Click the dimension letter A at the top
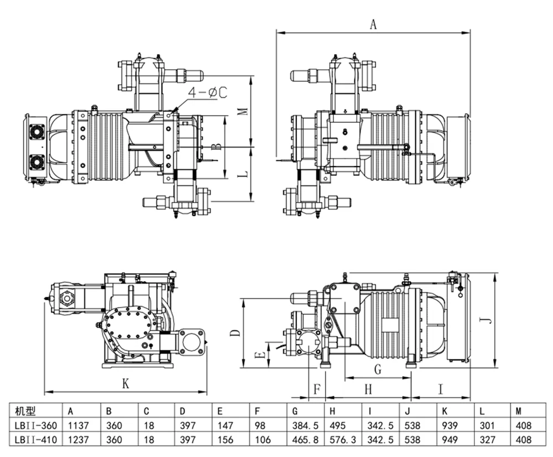pyautogui.click(x=373, y=24)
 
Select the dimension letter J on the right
pyautogui.click(x=484, y=319)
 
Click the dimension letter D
pyautogui.click(x=234, y=333)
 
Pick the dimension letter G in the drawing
pyautogui.click(x=378, y=368)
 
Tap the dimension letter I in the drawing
pyautogui.click(x=441, y=389)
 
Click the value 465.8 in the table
pyautogui.click(x=304, y=440)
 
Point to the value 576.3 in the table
pyautogui.click(x=341, y=440)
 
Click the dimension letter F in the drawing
pyautogui.click(x=317, y=389)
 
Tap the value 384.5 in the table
pyautogui.click(x=304, y=426)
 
